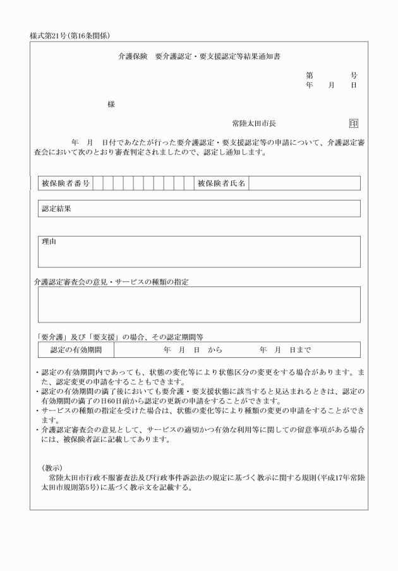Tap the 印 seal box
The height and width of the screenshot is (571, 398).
point(353,124)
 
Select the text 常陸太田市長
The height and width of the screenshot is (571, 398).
point(255,124)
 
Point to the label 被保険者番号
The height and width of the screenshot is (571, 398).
point(65,183)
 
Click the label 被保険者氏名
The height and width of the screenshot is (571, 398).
point(221,183)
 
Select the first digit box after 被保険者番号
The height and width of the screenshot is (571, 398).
point(98,183)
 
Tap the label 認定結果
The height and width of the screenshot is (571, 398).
point(57,208)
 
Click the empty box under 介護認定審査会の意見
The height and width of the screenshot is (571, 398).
point(199,305)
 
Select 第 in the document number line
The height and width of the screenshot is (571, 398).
point(310,75)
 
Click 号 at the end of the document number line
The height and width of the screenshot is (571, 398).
point(354,75)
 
